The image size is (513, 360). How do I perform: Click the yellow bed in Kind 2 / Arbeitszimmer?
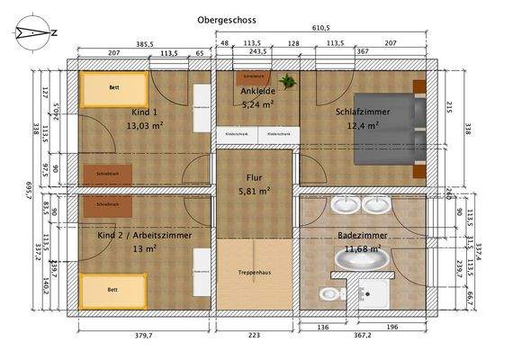coord(113,290)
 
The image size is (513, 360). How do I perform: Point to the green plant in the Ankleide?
coord(288,82)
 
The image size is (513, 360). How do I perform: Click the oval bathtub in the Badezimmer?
coord(364,260)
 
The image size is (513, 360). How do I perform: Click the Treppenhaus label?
coord(255,272)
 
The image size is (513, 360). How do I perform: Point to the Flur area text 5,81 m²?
coord(255,191)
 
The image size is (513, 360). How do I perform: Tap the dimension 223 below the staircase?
coord(255,335)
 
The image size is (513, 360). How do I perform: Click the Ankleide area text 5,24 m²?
coord(257,103)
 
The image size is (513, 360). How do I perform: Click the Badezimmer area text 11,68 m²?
coord(363,247)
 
